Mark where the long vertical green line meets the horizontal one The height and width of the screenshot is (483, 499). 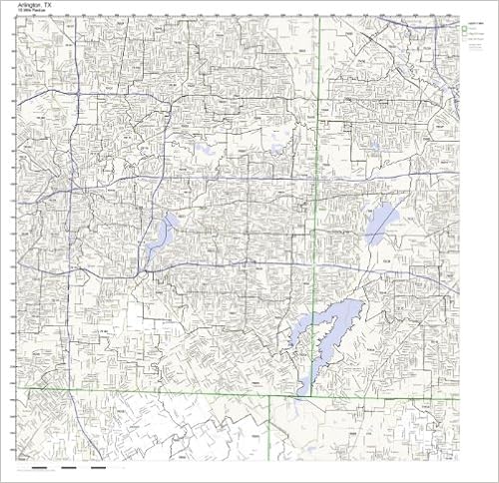[317, 391]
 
